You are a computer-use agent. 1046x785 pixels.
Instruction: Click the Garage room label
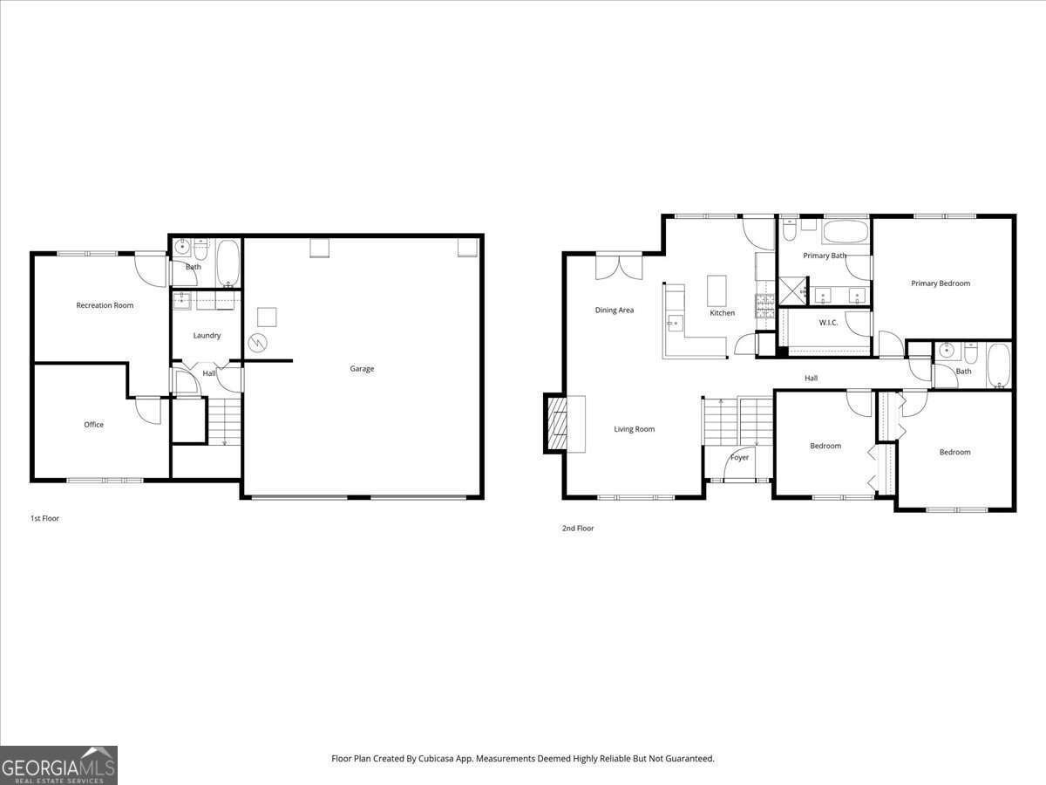coord(362,369)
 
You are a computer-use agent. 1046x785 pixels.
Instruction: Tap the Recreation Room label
coord(105,305)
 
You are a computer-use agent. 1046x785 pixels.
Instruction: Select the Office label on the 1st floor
coord(93,425)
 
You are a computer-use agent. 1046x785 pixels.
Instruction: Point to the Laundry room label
coord(207,336)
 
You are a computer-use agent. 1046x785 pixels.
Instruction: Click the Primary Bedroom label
coord(941,283)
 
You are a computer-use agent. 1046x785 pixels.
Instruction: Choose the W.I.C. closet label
coord(828,323)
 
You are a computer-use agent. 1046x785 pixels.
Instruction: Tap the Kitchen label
coord(722,313)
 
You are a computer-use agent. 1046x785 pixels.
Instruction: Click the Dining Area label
coord(615,311)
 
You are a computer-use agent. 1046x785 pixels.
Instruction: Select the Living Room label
coord(634,429)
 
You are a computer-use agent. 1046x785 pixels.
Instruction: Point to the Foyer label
coord(739,458)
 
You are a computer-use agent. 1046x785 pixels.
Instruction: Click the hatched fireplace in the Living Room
coord(555,424)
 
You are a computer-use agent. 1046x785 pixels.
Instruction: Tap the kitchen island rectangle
coord(717,290)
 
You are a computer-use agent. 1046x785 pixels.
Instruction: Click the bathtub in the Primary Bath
coord(846,232)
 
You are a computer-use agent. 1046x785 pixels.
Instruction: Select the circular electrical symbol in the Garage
coord(258,344)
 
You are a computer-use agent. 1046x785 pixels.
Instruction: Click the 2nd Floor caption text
coord(578,528)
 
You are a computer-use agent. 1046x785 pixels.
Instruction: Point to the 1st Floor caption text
coord(44,518)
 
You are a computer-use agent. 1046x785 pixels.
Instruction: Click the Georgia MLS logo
coord(58,765)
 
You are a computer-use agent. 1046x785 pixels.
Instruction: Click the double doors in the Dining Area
coord(619,266)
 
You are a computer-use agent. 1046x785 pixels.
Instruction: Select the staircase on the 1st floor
coord(224,421)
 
